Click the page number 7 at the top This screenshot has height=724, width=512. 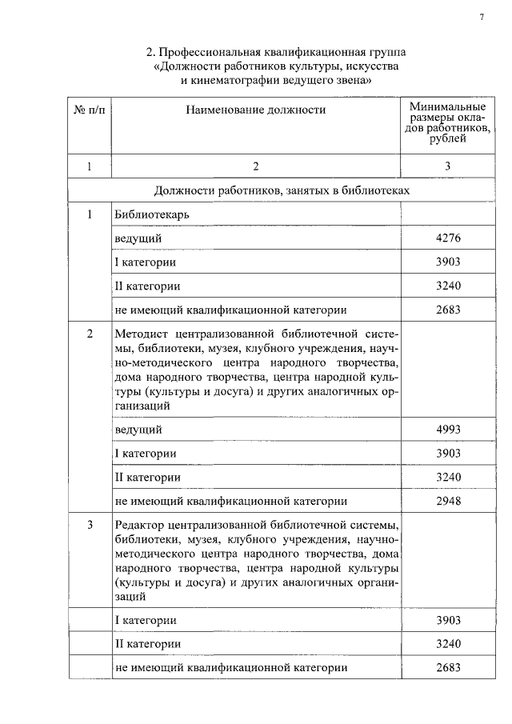tap(482, 18)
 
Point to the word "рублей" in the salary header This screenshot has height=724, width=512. tap(448, 138)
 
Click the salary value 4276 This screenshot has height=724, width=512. tap(449, 238)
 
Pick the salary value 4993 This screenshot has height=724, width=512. tap(449, 430)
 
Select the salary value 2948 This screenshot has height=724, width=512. tap(449, 501)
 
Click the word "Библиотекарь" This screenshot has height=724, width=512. tap(152, 214)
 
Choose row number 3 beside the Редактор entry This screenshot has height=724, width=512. tap(90, 525)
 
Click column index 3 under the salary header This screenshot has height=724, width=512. tap(448, 166)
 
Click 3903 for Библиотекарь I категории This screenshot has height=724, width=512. tap(449, 262)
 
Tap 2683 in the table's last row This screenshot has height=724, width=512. tap(449, 667)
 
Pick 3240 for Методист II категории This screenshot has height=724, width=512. tap(449, 477)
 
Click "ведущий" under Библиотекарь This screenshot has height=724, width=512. tap(138, 238)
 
